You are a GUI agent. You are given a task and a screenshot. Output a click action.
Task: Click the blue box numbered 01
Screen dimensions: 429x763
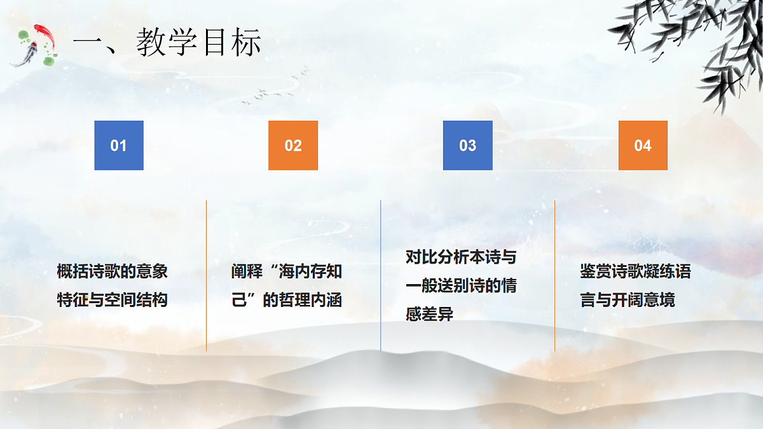[x=119, y=146]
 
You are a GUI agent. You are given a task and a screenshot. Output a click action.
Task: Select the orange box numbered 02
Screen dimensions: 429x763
[x=293, y=146]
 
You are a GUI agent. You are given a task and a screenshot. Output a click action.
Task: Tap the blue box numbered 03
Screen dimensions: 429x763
[x=467, y=146]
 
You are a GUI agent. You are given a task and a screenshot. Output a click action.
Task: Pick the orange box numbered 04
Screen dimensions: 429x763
[x=643, y=146]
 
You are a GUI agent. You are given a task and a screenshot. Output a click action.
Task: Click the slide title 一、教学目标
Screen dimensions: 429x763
[x=167, y=43]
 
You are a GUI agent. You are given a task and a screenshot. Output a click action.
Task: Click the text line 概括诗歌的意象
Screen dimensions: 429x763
[x=113, y=272]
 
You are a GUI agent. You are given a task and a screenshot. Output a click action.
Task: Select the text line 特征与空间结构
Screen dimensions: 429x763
[x=113, y=299]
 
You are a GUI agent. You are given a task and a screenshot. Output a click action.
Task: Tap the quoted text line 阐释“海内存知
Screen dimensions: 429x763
[x=287, y=272]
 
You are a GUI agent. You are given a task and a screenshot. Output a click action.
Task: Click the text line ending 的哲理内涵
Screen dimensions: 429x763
[x=287, y=299]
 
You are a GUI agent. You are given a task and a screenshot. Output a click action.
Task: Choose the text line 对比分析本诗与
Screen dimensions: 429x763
[x=461, y=257]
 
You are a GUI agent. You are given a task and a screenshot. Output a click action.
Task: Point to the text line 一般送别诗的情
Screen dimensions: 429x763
[x=461, y=285]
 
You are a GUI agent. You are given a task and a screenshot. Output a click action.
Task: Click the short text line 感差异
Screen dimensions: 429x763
[x=429, y=313]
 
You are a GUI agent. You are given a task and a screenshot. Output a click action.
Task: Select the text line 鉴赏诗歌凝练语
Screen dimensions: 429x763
[x=635, y=272]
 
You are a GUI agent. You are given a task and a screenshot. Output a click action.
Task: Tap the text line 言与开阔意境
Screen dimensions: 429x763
[x=628, y=299]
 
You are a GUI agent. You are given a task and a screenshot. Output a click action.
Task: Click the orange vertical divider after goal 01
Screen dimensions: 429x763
[x=206, y=275]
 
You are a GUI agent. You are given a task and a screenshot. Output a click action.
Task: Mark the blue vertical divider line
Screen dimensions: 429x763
[x=380, y=275]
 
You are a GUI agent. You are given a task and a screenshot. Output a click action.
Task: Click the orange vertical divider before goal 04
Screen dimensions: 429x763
[x=554, y=275]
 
